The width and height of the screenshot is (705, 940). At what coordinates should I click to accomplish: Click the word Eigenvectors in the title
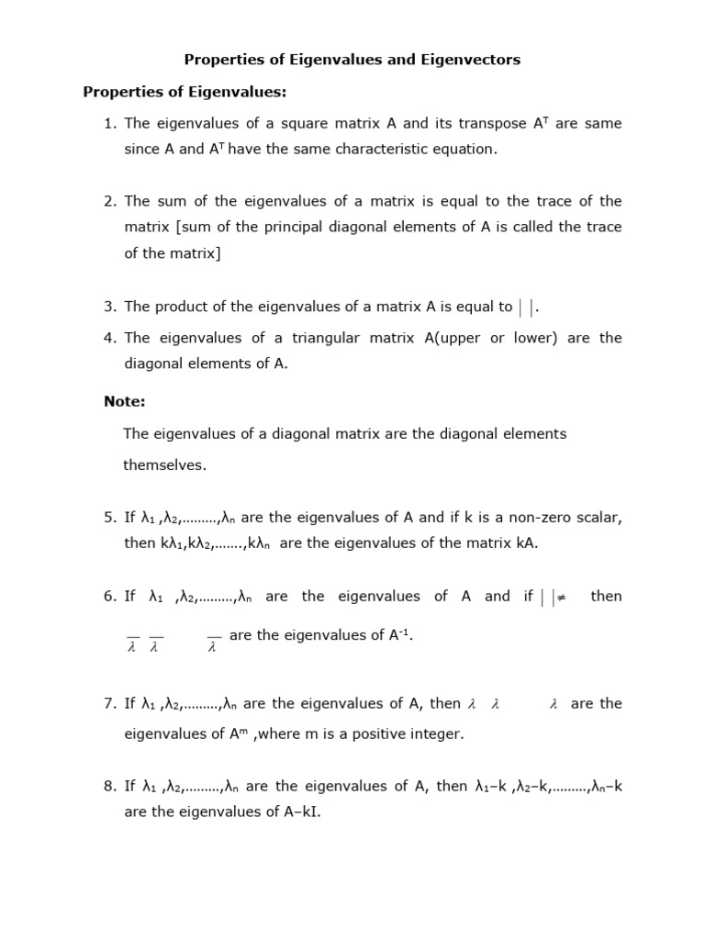[x=473, y=60]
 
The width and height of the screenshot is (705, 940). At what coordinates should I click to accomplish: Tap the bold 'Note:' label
[x=125, y=401]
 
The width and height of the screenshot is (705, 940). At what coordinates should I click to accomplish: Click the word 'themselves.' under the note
[x=165, y=465]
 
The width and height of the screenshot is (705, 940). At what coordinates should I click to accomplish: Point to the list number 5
[x=109, y=517]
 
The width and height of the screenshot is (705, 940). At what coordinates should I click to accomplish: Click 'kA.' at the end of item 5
[x=527, y=543]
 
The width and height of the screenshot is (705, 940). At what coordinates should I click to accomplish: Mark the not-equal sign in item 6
[x=562, y=597]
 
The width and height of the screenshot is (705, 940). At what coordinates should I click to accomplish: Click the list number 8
[x=109, y=786]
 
